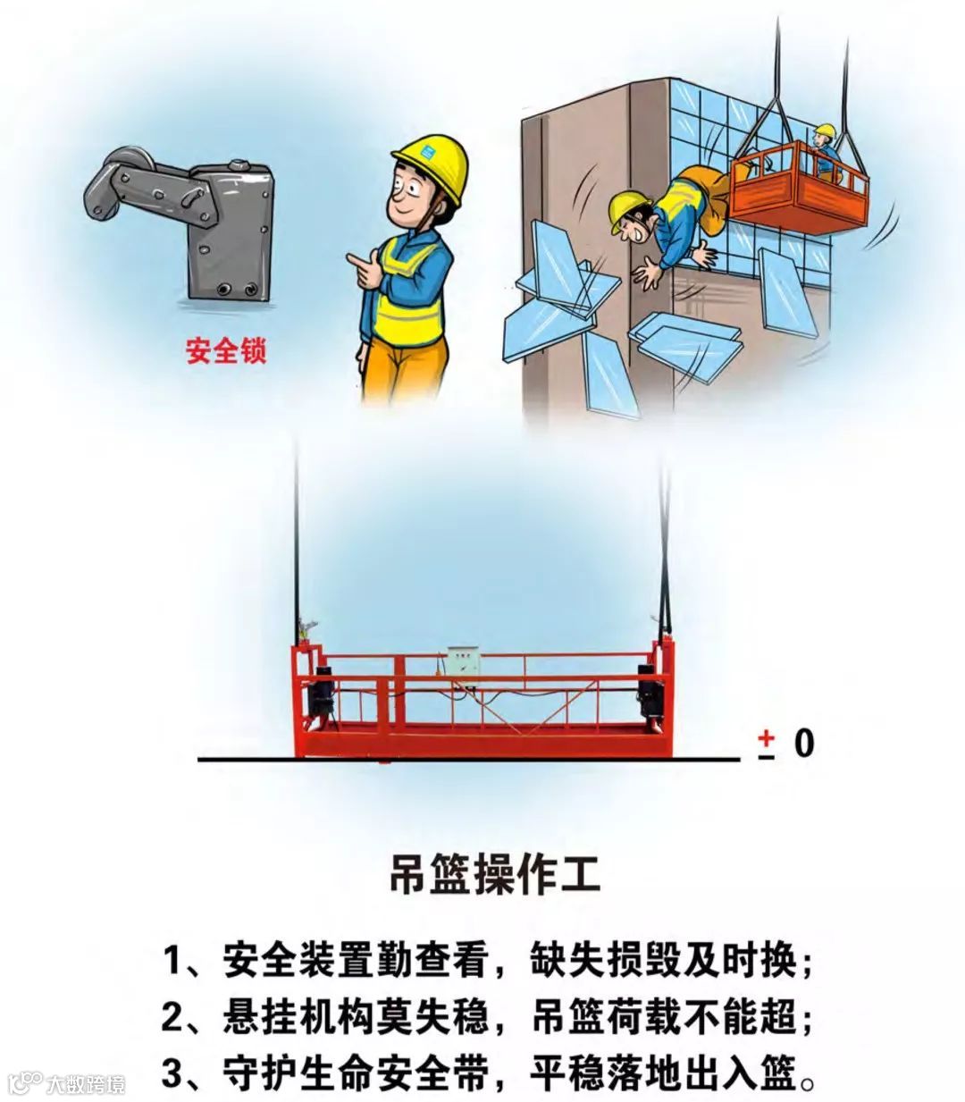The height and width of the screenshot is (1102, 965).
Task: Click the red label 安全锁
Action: click(x=226, y=350)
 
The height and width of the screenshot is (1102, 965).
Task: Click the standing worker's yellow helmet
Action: click(x=431, y=165)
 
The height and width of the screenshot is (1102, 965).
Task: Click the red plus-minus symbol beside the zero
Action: click(x=766, y=744)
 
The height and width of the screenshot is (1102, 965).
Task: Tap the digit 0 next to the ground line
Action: click(x=804, y=744)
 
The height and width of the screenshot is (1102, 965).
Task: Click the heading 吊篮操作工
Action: click(x=494, y=876)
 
